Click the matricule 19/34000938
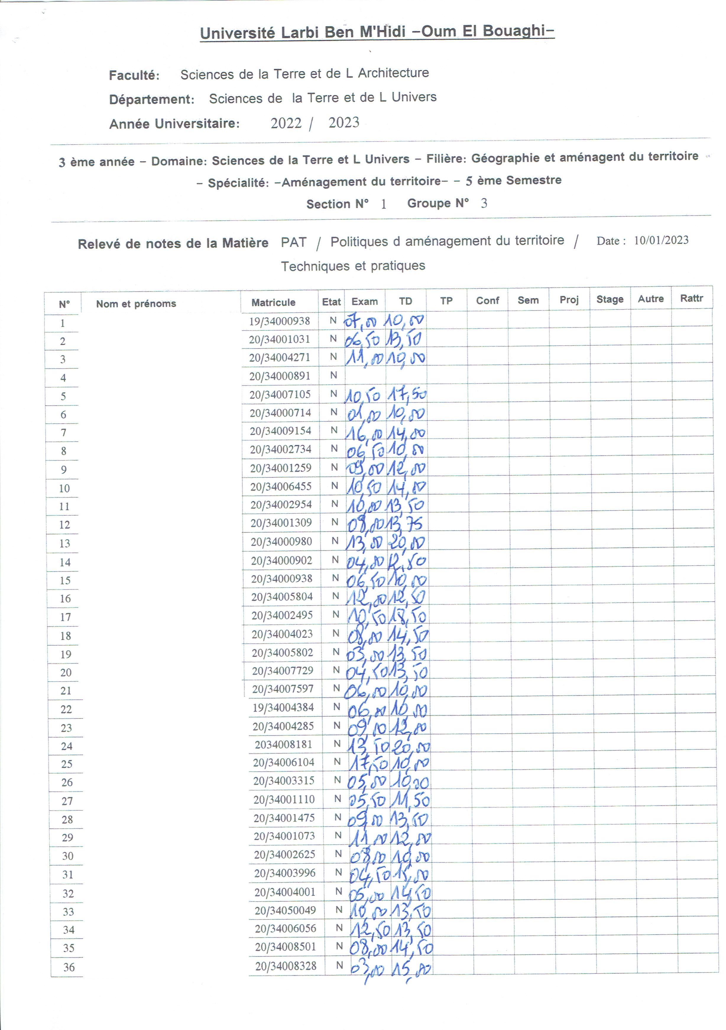pos(279,321)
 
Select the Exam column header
pos(364,302)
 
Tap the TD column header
pos(405,301)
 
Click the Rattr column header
pos(691,298)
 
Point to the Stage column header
pos(610,299)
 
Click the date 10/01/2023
pos(661,240)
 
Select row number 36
pos(69,967)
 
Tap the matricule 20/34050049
pos(285,910)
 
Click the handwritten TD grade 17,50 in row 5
pos(407,395)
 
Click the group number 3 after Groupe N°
pos(484,203)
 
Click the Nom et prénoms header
pos(136,304)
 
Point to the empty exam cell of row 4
pos(364,375)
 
